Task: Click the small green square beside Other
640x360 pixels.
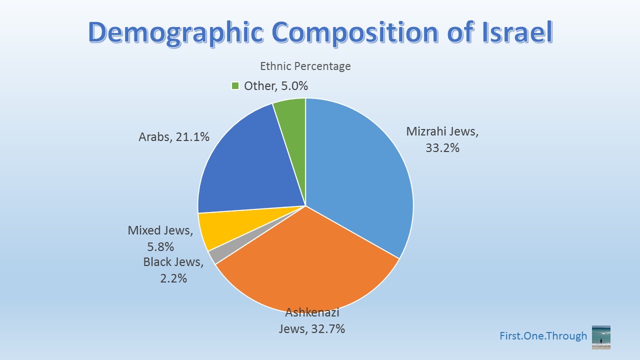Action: tap(235, 86)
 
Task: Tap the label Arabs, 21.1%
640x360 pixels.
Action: tap(173, 136)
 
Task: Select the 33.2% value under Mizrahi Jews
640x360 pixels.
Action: tap(442, 147)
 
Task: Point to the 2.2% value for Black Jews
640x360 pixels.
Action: tap(173, 278)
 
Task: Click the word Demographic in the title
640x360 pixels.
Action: tap(176, 32)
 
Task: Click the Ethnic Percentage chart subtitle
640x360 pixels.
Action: tap(305, 66)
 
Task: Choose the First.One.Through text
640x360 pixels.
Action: tap(543, 336)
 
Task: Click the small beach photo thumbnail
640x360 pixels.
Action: tap(601, 337)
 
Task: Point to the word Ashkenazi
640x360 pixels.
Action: tap(312, 313)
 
